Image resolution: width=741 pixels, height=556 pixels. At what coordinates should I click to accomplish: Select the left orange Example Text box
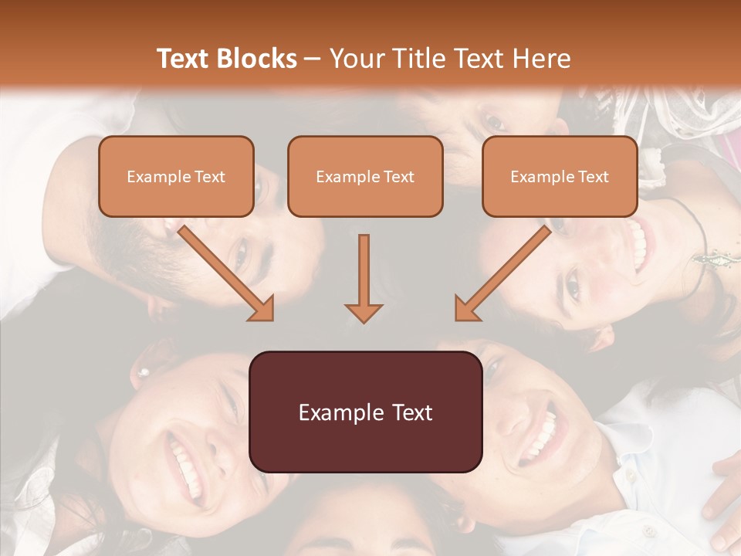[176, 176]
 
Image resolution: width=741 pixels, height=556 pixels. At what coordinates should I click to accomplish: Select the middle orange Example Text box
[365, 176]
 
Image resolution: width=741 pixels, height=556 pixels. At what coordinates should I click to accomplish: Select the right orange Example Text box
[560, 176]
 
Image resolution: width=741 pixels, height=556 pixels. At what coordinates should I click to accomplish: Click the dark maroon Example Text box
[365, 412]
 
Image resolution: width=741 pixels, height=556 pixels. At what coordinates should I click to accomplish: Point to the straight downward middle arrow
[364, 278]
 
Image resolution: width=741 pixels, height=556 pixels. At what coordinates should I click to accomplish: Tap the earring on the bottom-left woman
[143, 373]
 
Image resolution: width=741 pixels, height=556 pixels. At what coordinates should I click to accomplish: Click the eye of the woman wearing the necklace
[573, 286]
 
